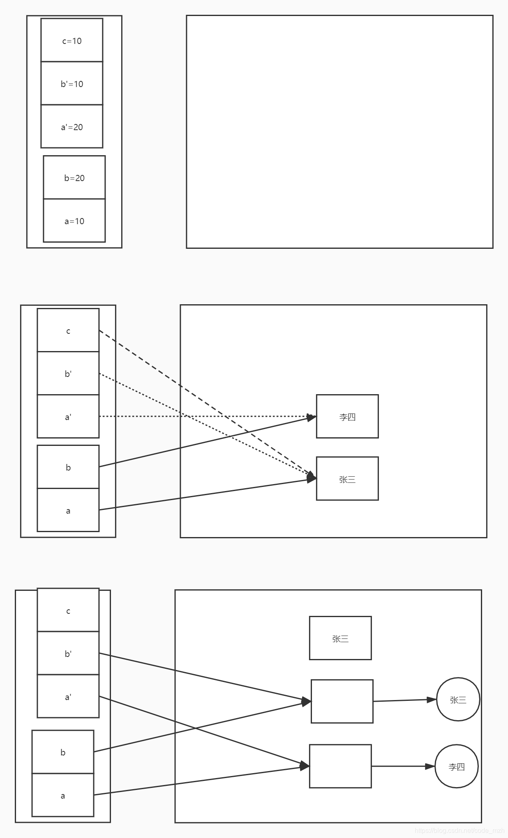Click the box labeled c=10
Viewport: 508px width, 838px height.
click(72, 40)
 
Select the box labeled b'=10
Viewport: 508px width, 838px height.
click(72, 83)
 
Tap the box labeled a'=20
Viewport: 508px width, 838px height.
click(72, 126)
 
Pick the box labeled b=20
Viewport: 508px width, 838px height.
click(74, 177)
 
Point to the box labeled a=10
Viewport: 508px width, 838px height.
click(74, 221)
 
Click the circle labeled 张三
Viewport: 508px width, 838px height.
click(458, 699)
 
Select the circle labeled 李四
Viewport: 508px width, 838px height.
click(456, 766)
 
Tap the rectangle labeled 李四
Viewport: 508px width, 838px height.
click(347, 416)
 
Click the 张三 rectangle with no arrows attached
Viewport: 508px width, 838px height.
click(340, 638)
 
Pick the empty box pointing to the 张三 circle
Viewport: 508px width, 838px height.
click(342, 701)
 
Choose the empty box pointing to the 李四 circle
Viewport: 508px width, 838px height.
click(340, 766)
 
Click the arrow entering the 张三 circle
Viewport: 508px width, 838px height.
click(405, 700)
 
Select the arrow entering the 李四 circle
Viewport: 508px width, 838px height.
click(403, 766)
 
